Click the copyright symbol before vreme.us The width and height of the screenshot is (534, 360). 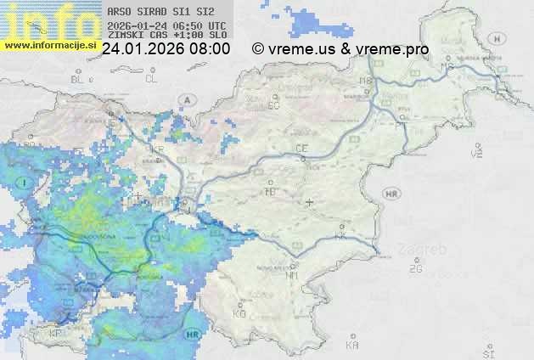(258, 49)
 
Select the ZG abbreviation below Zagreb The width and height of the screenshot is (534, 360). (415, 269)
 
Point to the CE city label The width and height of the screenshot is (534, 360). (301, 149)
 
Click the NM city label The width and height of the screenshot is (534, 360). (293, 275)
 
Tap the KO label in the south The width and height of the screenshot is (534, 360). (239, 313)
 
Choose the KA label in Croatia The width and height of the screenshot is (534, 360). (352, 346)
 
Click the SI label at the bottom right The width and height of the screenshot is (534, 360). (487, 351)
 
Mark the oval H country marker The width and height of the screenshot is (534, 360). (497, 38)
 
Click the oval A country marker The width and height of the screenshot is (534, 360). (186, 99)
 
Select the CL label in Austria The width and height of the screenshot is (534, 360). (151, 78)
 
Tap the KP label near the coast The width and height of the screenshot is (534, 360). (56, 333)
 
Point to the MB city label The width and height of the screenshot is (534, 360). (368, 82)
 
